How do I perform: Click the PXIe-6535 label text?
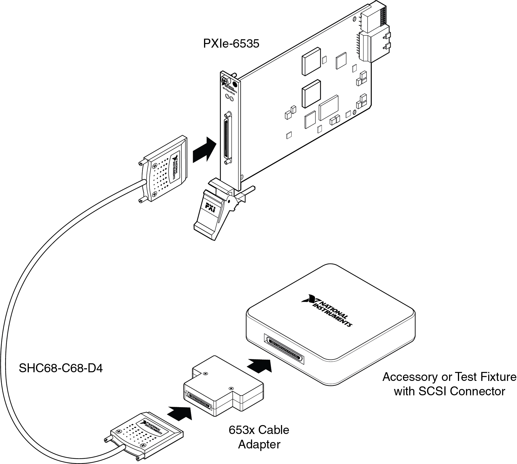(x=231, y=44)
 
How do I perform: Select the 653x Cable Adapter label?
(x=259, y=437)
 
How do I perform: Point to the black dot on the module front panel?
(x=235, y=85)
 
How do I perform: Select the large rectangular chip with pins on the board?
(x=329, y=108)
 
